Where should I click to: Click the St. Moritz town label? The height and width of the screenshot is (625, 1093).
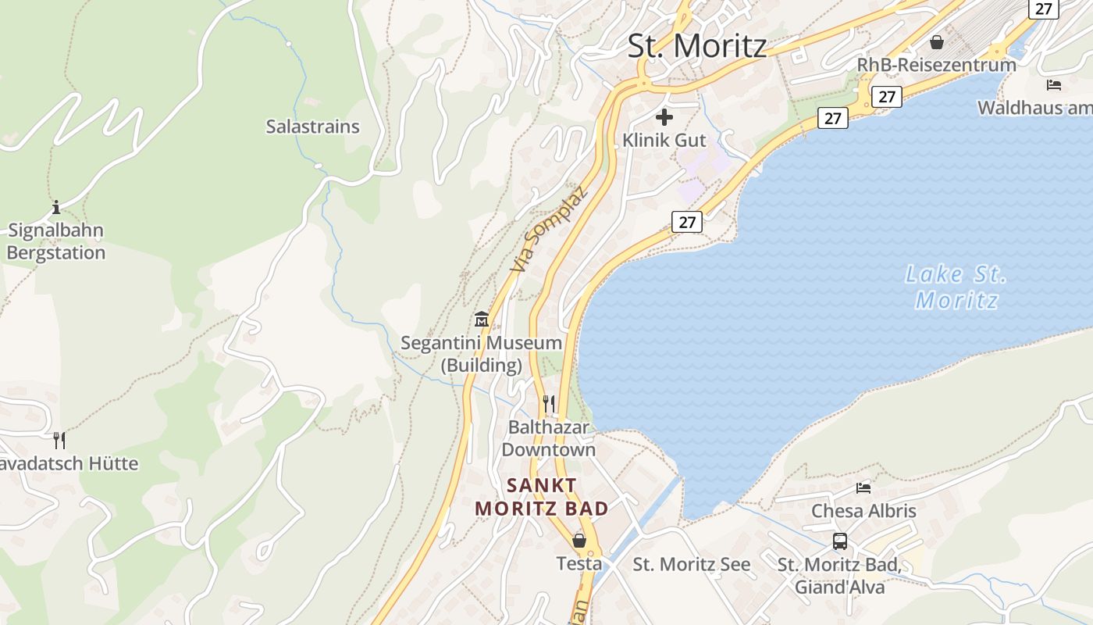tap(697, 45)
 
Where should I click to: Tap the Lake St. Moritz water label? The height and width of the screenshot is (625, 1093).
tap(956, 287)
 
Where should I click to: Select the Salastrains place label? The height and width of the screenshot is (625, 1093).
tap(312, 127)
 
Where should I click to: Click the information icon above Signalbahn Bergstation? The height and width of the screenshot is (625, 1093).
tap(56, 208)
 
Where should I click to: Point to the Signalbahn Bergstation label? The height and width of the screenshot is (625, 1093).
tap(55, 241)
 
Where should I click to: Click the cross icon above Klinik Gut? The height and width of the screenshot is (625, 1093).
tap(664, 117)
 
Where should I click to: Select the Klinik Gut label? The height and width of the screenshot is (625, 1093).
tap(664, 141)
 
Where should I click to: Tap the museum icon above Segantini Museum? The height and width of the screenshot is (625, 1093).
tap(481, 319)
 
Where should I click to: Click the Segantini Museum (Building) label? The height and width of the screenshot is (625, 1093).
tap(481, 353)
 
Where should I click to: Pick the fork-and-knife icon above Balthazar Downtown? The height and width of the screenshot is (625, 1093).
tap(549, 403)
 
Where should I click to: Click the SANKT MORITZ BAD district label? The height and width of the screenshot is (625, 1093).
tap(542, 497)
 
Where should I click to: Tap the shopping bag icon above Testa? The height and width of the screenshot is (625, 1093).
tap(579, 540)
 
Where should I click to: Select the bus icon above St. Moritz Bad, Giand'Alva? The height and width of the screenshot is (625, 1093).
tap(840, 541)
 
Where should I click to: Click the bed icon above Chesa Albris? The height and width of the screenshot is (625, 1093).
tap(863, 487)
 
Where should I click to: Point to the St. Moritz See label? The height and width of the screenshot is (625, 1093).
tap(691, 564)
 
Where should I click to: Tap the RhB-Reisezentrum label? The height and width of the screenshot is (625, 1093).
tap(937, 65)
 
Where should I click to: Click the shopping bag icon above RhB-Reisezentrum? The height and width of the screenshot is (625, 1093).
tap(937, 41)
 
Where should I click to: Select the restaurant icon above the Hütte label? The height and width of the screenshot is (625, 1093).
tap(59, 440)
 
